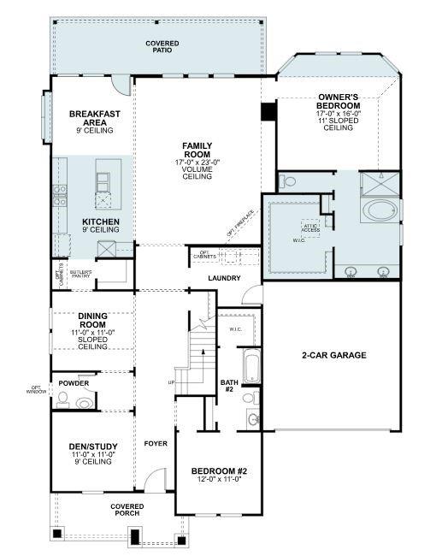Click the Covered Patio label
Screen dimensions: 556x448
coord(156,46)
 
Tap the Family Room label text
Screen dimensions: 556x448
coord(197,151)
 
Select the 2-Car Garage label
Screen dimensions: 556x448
coord(333,355)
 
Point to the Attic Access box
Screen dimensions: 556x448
coord(309,228)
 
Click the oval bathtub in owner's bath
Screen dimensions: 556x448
coord(380,210)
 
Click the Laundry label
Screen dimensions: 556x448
coord(224,278)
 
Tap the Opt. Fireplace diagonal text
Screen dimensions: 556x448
coord(241,222)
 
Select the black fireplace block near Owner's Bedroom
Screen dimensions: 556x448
coord(268,112)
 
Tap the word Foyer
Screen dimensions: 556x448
coord(156,444)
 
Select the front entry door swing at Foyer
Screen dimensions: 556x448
coord(154,481)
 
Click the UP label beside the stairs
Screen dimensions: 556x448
coord(172,382)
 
